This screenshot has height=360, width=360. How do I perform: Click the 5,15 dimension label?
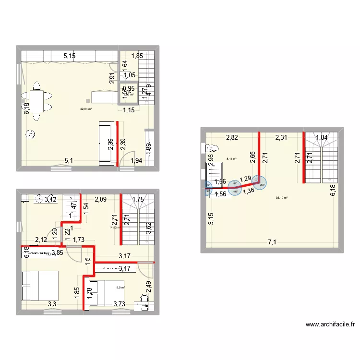[x=71, y=56]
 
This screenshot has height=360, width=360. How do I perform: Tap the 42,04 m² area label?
[x=86, y=109]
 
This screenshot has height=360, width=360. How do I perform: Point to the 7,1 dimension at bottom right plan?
[x=272, y=242]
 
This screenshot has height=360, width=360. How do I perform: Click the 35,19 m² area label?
[x=282, y=197]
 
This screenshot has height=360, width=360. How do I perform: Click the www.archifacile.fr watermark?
[x=330, y=324]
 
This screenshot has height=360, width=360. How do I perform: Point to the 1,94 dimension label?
[x=136, y=161]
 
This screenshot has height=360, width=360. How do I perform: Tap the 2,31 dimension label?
[x=281, y=138]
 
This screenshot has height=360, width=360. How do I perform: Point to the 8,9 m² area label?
[x=120, y=288]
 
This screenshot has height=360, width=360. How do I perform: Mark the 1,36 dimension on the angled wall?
[x=249, y=191]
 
